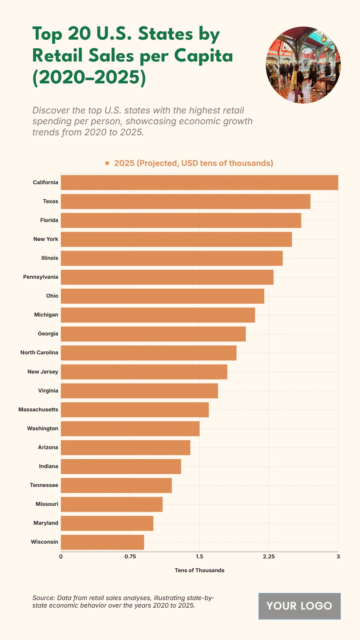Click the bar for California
coord(199,182)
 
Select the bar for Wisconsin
coord(102,542)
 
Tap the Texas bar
coord(185,201)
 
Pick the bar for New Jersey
coord(144,372)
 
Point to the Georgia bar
coord(153,334)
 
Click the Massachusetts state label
coord(38,410)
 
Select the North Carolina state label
coord(39,353)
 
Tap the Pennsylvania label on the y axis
coord(40,277)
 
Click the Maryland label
coord(46,523)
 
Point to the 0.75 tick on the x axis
coord(130,557)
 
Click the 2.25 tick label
coord(269,557)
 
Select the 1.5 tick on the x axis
coord(199,557)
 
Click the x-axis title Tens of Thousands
coord(199,570)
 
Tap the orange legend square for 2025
coord(107,163)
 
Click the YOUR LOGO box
coord(299,606)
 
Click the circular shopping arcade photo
coord(303,65)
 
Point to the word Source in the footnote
coord(43,598)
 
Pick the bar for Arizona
coord(125,448)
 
